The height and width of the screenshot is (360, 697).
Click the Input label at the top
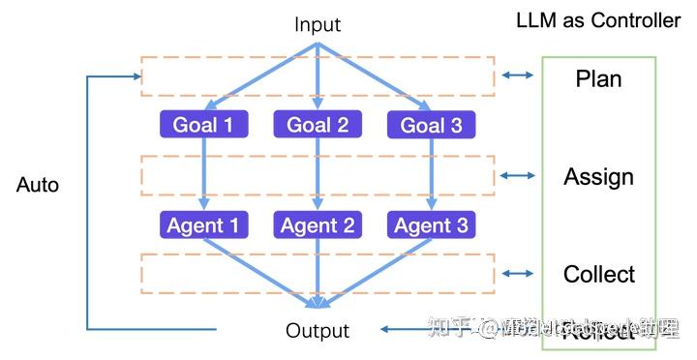click(x=318, y=24)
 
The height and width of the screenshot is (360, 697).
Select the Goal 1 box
click(x=203, y=125)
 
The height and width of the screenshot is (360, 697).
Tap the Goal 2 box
click(x=318, y=125)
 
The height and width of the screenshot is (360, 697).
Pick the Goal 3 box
click(x=431, y=125)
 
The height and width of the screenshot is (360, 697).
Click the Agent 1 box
click(x=203, y=225)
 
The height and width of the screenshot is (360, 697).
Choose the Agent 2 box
click(x=318, y=225)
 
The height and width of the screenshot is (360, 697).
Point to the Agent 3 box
click(x=431, y=225)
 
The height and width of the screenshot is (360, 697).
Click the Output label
click(x=317, y=330)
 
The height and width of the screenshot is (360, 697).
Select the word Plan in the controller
click(x=598, y=78)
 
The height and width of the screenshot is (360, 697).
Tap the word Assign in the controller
click(x=598, y=177)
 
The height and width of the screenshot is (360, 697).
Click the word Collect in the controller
click(x=599, y=275)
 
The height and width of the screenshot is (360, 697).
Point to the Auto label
click(x=38, y=185)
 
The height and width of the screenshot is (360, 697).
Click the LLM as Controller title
click(x=598, y=20)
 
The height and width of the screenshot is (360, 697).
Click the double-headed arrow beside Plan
click(x=518, y=75)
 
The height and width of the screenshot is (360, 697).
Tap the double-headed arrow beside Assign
click(x=518, y=175)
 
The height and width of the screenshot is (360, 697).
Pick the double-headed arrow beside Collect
click(x=518, y=274)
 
